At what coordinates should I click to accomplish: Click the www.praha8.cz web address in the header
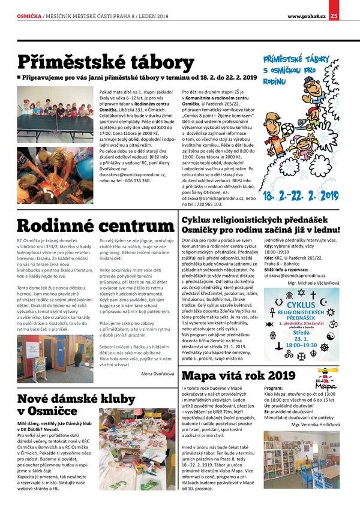tap(306, 16)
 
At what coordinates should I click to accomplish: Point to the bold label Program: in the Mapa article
tap(275, 388)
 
